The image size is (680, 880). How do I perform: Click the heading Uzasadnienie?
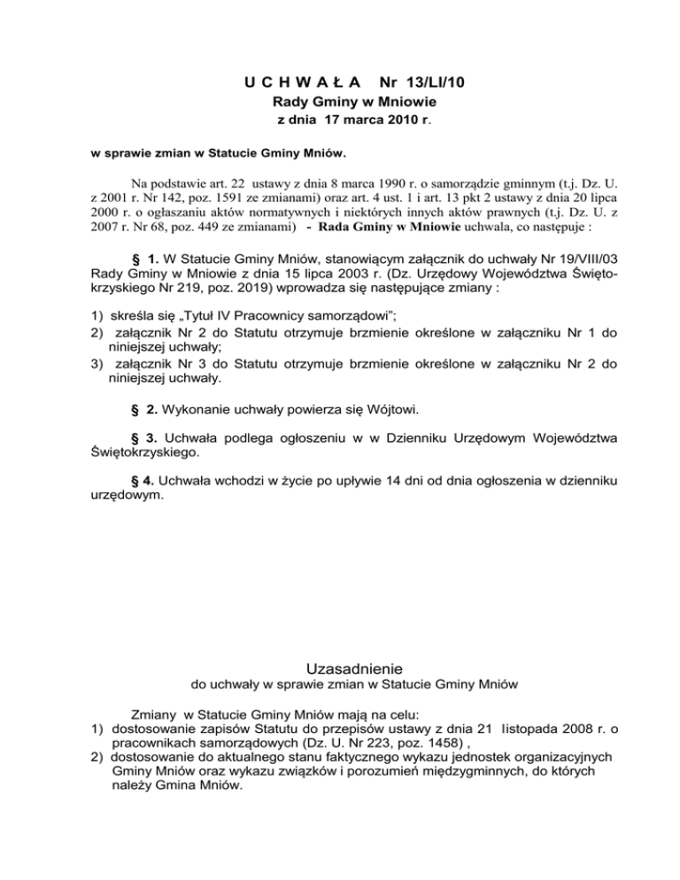[341, 666]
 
